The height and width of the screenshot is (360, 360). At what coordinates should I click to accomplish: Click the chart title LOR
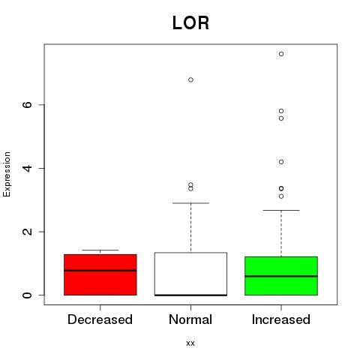[x=190, y=23]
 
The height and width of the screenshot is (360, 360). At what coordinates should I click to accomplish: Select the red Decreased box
[x=100, y=274]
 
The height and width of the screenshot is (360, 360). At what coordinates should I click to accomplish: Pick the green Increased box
[x=281, y=276]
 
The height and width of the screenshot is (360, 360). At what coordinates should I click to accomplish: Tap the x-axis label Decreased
[x=100, y=319]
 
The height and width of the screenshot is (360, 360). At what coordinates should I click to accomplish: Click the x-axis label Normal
[x=190, y=319]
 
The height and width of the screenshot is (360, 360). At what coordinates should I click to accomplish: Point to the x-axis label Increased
[x=281, y=319]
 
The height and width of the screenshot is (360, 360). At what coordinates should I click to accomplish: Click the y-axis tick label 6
[x=27, y=105]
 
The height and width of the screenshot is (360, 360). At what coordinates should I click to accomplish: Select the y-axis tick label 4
[x=27, y=168]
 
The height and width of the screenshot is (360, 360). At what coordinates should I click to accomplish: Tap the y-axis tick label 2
[x=27, y=232]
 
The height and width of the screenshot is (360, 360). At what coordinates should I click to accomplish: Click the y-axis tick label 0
[x=27, y=295]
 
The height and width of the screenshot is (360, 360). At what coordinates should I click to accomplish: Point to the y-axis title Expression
[x=7, y=174]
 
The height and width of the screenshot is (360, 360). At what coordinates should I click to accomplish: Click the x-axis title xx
[x=190, y=343]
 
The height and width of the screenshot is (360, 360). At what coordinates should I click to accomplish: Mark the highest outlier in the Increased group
[x=281, y=54]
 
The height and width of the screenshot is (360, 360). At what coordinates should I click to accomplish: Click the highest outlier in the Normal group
[x=190, y=79]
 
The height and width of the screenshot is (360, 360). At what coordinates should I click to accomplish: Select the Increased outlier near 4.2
[x=281, y=162]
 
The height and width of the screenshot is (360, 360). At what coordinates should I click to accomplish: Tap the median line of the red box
[x=100, y=271]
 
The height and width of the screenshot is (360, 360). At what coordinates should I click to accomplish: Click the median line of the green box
[x=281, y=276]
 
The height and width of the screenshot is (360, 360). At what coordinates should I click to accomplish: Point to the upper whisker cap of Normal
[x=190, y=203]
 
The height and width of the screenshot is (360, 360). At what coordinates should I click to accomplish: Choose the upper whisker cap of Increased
[x=281, y=210]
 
